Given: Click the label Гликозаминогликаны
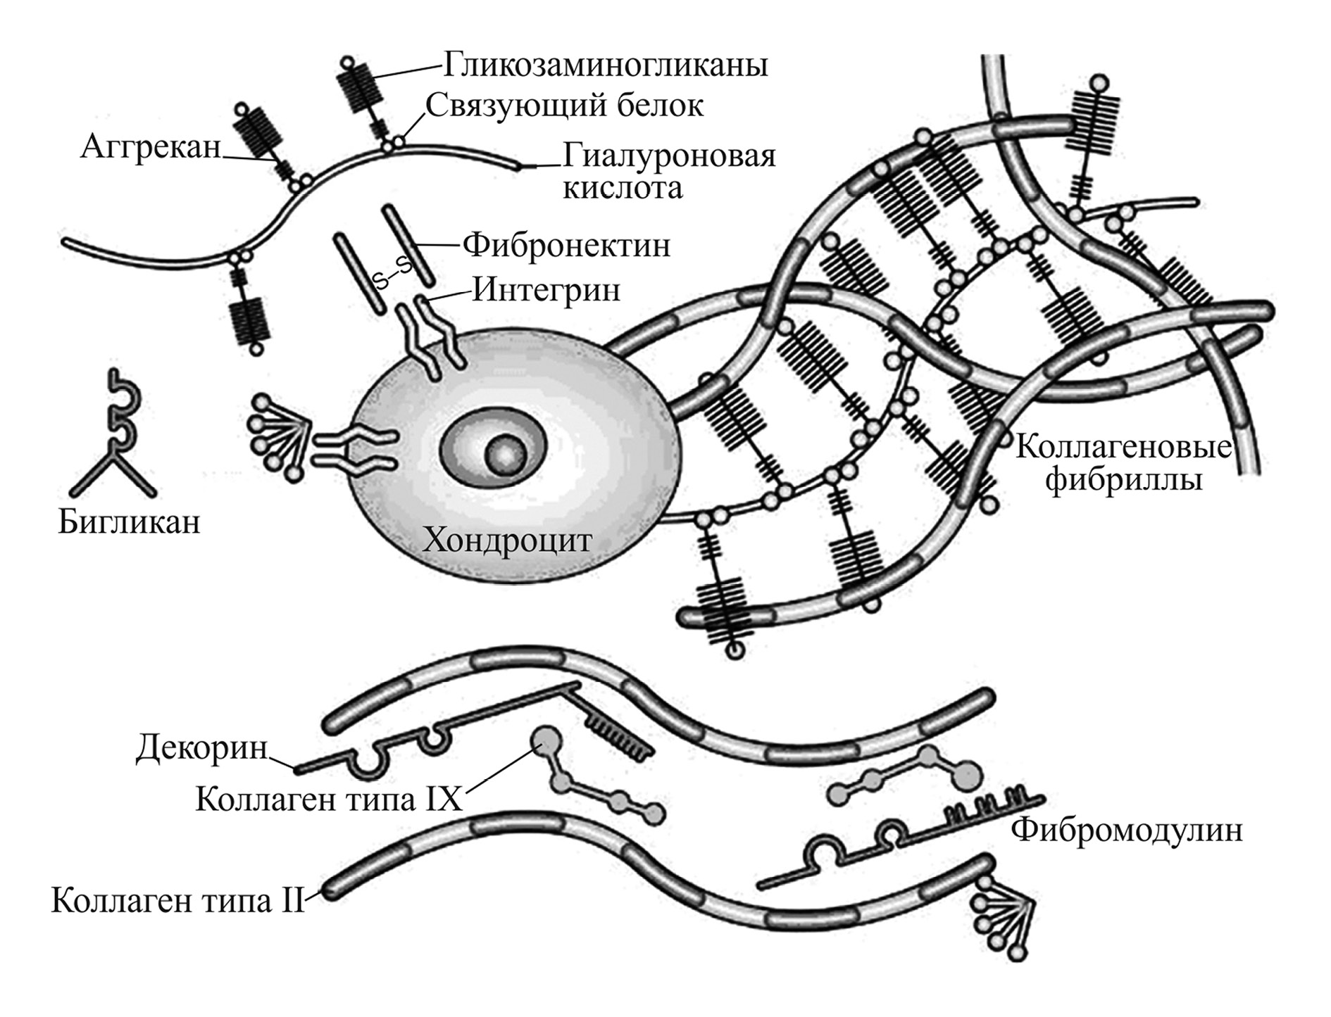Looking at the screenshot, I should tap(605, 65).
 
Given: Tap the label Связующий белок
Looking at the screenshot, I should tap(564, 106).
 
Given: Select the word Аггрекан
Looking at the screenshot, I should tap(151, 148).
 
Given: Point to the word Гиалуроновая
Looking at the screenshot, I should tap(668, 156).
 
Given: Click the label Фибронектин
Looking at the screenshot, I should tap(566, 246).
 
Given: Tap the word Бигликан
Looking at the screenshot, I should tap(129, 522).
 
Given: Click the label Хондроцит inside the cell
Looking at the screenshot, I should tap(507, 541).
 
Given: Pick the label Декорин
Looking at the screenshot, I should tap(201, 748).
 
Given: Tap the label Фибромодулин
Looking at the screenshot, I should tap(1127, 830).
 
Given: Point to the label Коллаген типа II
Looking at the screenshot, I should tap(177, 901).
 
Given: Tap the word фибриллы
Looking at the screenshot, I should tap(1123, 480).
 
